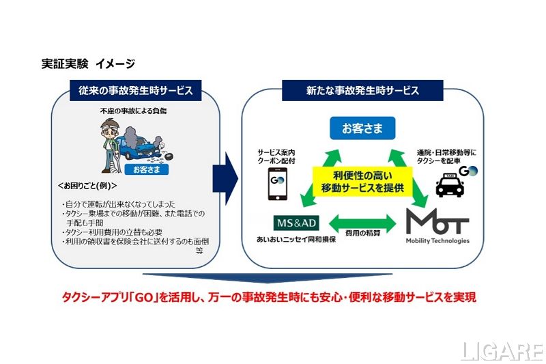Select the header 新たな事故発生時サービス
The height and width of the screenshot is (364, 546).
coord(362,90)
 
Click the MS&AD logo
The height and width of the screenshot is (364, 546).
coord(296,223)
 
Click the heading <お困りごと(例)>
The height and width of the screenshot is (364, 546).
coord(87,186)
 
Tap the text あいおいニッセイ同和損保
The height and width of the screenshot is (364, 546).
coord(296,241)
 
